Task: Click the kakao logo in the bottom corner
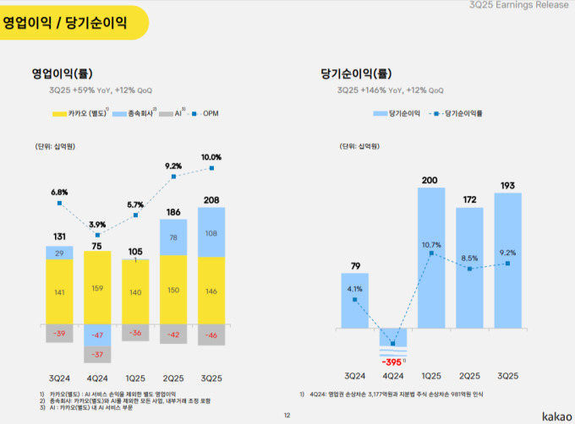click(554, 414)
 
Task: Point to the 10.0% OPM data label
click(211, 157)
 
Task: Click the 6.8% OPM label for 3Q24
click(58, 192)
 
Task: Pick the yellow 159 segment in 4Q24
click(96, 288)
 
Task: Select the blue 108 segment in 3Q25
click(211, 232)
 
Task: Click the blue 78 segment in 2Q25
click(173, 237)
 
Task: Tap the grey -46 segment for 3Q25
click(211, 335)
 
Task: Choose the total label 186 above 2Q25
click(173, 212)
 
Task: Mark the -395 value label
click(391, 361)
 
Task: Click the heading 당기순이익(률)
click(355, 73)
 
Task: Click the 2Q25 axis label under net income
click(469, 375)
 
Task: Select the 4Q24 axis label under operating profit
click(96, 378)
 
